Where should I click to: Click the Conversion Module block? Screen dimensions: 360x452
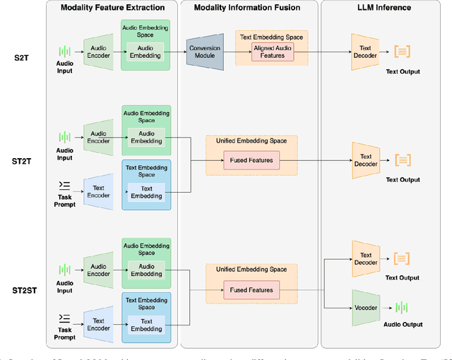(x=205, y=52)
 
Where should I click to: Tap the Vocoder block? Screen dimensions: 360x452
(x=365, y=307)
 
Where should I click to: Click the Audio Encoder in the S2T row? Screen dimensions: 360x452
(x=99, y=52)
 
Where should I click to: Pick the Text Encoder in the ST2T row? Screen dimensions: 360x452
(x=99, y=191)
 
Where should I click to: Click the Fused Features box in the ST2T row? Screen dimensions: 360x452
(x=251, y=161)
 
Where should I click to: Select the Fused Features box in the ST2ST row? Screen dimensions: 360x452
(x=251, y=289)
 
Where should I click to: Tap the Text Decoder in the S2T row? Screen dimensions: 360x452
(x=365, y=52)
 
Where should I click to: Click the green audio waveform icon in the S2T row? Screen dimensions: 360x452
(x=65, y=52)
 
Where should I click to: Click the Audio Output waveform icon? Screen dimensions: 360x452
(x=402, y=308)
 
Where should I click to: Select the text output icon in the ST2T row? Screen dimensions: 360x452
(x=402, y=160)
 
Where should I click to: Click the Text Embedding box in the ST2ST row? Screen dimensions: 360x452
(x=146, y=325)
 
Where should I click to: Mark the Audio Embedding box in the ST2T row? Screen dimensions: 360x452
(x=146, y=137)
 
